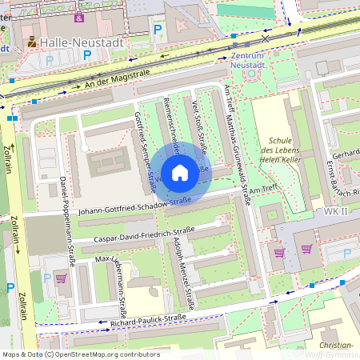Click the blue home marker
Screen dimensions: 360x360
(x=180, y=173)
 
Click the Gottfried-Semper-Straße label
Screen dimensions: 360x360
(x=145, y=152)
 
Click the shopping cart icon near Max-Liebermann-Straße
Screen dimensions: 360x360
(x=61, y=278)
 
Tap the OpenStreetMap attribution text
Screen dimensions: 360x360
(x=81, y=354)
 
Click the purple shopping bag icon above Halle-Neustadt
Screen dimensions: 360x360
(x=78, y=17)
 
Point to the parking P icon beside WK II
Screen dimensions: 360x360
(x=346, y=254)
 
